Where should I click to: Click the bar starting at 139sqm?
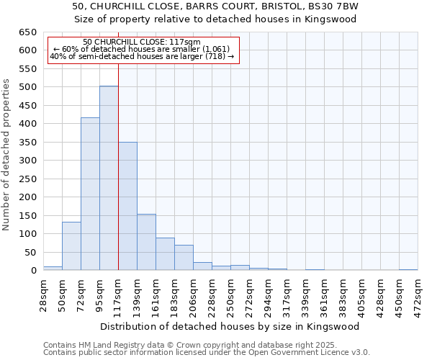pos(146,242)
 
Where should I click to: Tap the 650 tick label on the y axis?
pos(28,32)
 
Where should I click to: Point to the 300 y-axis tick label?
pos(28,161)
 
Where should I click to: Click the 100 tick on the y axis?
pos(28,234)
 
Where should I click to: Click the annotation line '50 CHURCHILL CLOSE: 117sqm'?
pos(142,42)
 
